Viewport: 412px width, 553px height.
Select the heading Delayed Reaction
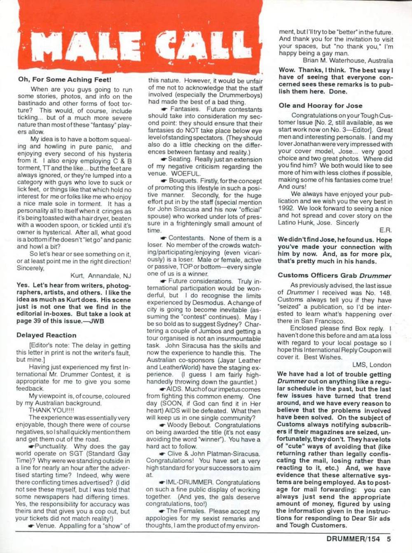pos(46,335)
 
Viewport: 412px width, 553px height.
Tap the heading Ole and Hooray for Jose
pos(320,105)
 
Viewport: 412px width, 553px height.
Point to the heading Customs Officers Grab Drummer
pos(334,275)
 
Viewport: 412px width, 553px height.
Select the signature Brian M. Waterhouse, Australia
pos(347,60)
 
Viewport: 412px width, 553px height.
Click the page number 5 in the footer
pos(389,539)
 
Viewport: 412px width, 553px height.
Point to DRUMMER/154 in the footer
pos(353,539)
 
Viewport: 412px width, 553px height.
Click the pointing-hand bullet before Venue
pos(31,526)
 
